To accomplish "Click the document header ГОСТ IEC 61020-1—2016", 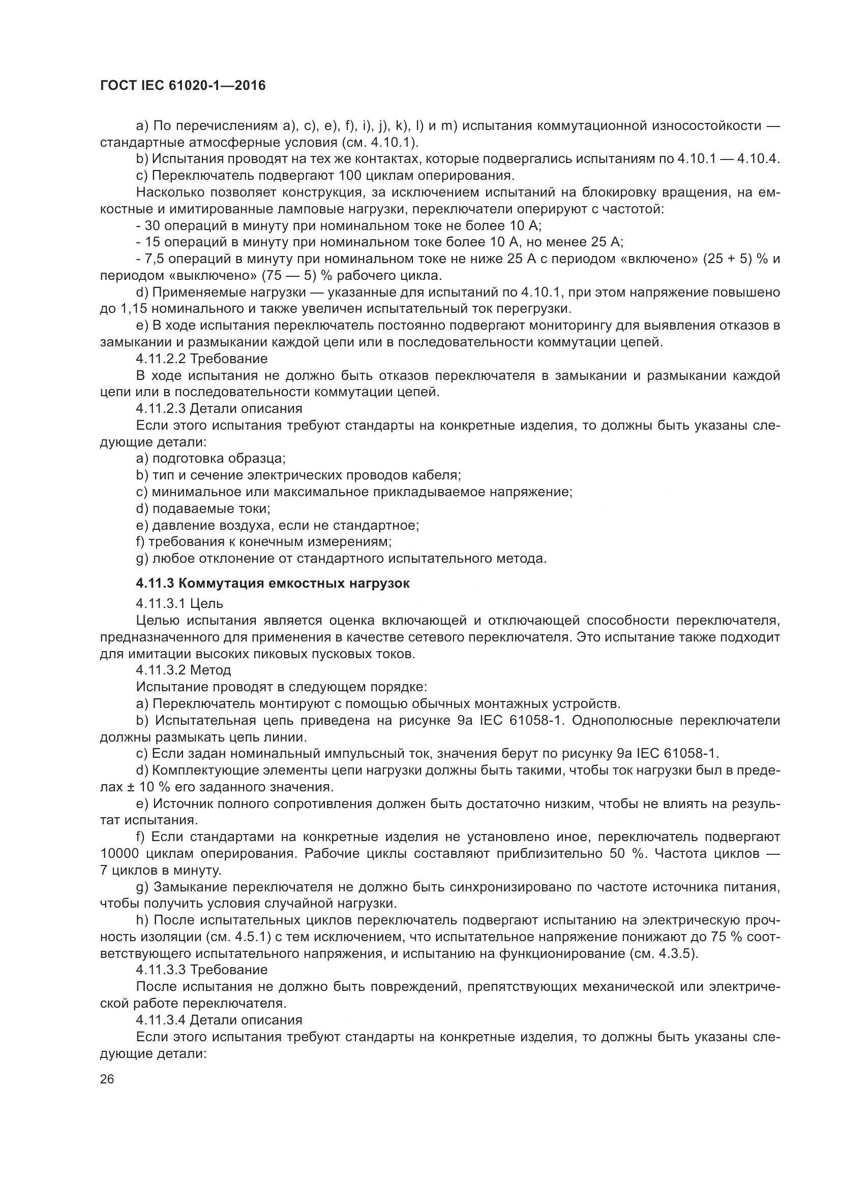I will click(x=183, y=85).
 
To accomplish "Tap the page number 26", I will click(x=107, y=1079).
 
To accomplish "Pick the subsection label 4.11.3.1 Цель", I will click(x=179, y=603).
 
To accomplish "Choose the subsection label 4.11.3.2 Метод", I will click(x=184, y=670).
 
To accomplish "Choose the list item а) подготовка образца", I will click(x=211, y=459).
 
